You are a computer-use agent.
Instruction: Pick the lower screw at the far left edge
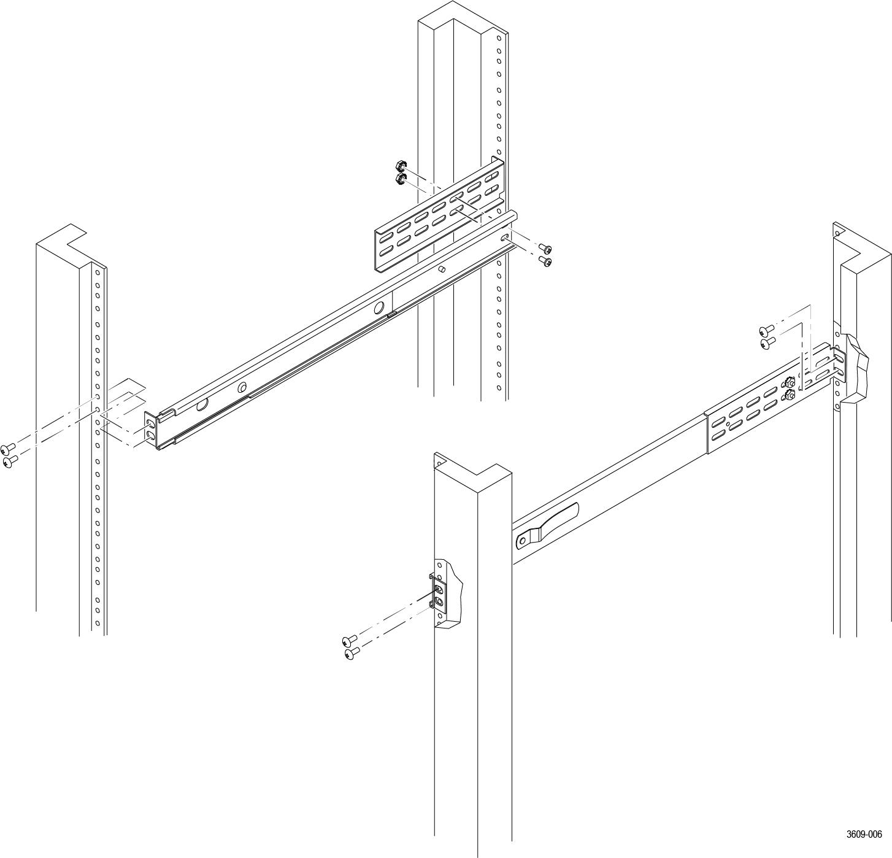[x=10, y=461]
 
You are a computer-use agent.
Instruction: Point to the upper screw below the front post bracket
[x=350, y=640]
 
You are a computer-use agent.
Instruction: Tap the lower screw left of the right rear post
[x=767, y=342]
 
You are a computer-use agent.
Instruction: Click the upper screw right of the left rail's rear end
[x=545, y=249]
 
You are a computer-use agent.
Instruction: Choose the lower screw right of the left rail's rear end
[x=545, y=262]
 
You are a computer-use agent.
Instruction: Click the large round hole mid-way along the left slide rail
[x=379, y=307]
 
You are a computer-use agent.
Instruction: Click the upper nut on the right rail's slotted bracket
[x=789, y=382]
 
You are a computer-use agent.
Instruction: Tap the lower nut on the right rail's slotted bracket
[x=790, y=395]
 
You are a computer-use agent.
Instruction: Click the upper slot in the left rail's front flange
[x=150, y=422]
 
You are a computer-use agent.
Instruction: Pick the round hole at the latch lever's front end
[x=522, y=541]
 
